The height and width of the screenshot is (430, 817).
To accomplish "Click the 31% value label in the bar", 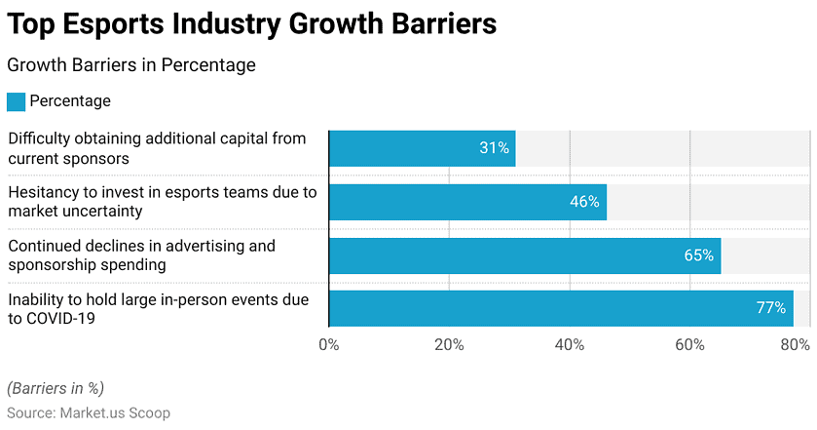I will tap(494, 148).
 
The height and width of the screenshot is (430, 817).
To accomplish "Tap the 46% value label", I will tap(584, 202).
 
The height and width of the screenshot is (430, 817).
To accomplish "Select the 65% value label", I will tap(699, 255).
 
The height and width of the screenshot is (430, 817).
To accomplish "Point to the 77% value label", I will tap(770, 308).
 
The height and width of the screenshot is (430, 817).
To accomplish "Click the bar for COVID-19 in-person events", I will tap(561, 308).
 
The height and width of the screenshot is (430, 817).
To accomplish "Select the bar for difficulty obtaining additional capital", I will tap(422, 148).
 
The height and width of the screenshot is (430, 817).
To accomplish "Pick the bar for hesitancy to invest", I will tap(467, 202).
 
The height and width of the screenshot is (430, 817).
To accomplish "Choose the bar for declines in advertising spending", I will tap(525, 255).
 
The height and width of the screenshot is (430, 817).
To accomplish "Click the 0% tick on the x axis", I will tap(329, 344).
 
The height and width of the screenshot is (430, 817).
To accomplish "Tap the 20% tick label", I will tap(449, 344).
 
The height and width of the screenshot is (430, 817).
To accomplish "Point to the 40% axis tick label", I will tap(570, 344).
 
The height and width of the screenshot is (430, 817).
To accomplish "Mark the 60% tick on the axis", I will tap(689, 344).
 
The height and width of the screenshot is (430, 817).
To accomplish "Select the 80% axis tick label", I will tap(796, 344).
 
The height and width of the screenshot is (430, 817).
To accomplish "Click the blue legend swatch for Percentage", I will tap(16, 101).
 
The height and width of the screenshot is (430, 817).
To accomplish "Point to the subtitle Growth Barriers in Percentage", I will tap(130, 65).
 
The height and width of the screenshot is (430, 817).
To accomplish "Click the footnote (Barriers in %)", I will tap(56, 388).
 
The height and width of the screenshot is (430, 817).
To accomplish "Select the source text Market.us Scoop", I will tap(115, 412).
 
